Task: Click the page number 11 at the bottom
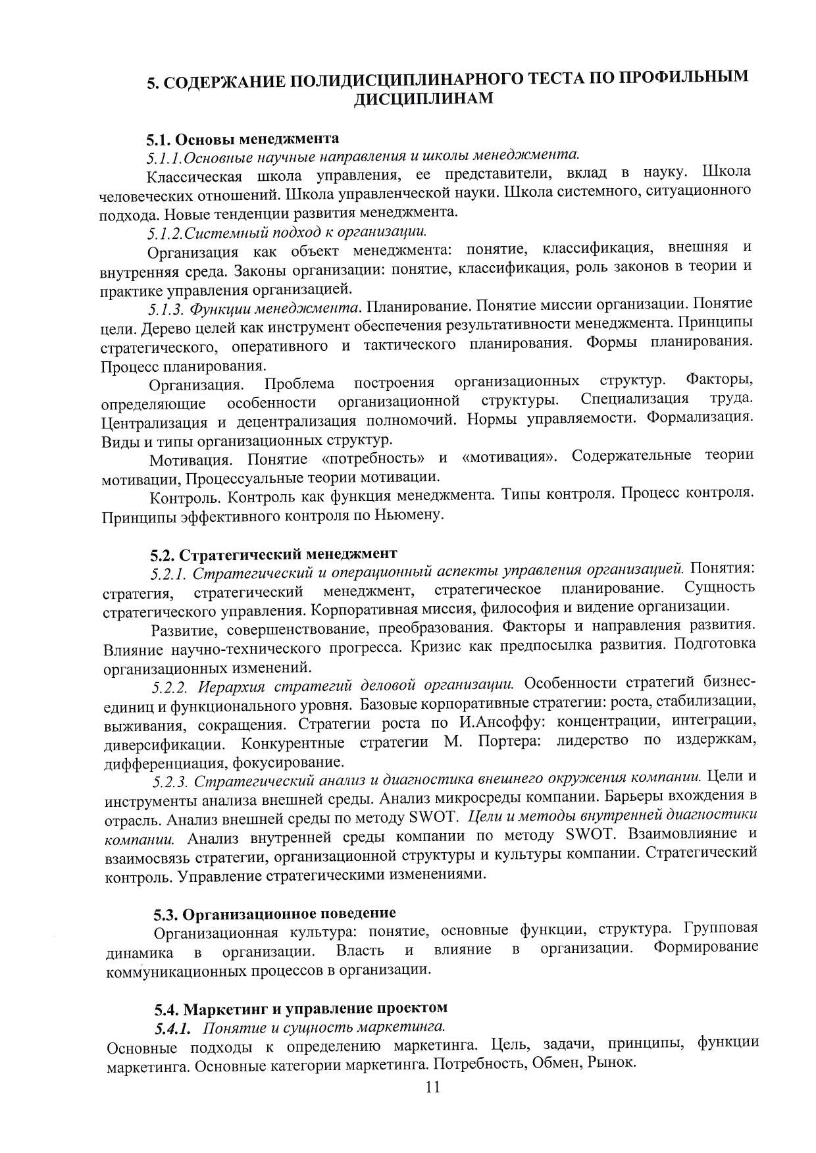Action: pos(432,1087)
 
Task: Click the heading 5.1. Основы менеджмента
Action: pos(243,139)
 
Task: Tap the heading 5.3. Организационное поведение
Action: pos(274,913)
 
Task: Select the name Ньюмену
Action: pos(409,515)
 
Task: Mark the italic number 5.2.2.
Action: pos(172,687)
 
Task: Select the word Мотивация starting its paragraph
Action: pos(190,459)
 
